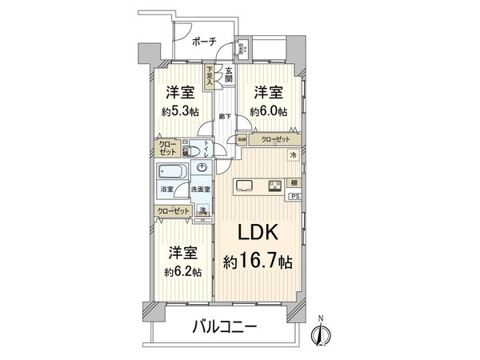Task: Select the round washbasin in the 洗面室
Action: click(202, 169)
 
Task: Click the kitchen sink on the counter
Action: click(245, 187)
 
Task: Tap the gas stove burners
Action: click(274, 187)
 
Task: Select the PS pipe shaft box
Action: click(295, 197)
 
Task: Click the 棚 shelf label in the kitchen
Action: click(295, 182)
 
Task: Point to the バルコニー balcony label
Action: click(224, 327)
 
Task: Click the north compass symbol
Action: click(321, 334)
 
